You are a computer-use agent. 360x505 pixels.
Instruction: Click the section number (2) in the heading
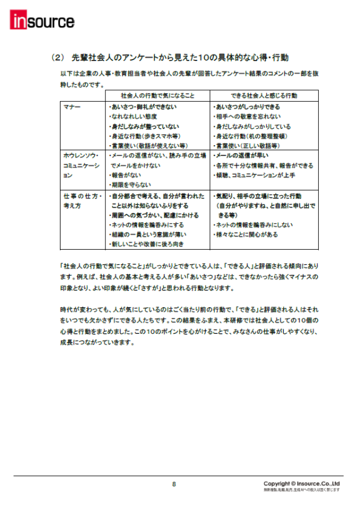pyautogui.click(x=57, y=58)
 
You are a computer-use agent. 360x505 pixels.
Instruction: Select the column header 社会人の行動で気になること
pyautogui.click(x=157, y=96)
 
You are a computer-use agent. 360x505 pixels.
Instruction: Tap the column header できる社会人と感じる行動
pyautogui.click(x=264, y=96)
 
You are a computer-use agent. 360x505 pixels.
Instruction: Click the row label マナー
pyautogui.click(x=72, y=106)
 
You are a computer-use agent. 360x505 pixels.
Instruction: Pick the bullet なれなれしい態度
pyautogui.click(x=133, y=117)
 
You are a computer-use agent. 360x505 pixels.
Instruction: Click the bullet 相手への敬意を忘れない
pyautogui.click(x=248, y=117)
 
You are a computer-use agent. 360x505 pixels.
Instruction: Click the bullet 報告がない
pyautogui.click(x=126, y=175)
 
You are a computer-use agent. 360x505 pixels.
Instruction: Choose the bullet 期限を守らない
pyautogui.click(x=130, y=184)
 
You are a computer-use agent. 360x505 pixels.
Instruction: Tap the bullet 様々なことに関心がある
pyautogui.click(x=247, y=234)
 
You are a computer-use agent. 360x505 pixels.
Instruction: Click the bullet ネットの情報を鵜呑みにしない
pyautogui.click(x=256, y=224)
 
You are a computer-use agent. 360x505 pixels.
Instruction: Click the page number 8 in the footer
pyautogui.click(x=174, y=484)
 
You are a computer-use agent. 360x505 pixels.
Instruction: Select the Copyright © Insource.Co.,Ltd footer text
pyautogui.click(x=301, y=484)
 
